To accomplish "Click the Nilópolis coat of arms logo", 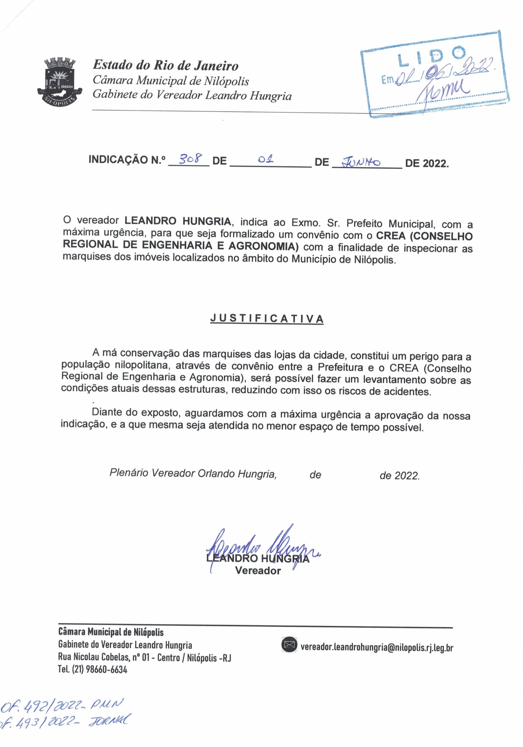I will click(59, 81).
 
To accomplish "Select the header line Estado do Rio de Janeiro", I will click(166, 65).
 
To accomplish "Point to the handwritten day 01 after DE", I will click(266, 160).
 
